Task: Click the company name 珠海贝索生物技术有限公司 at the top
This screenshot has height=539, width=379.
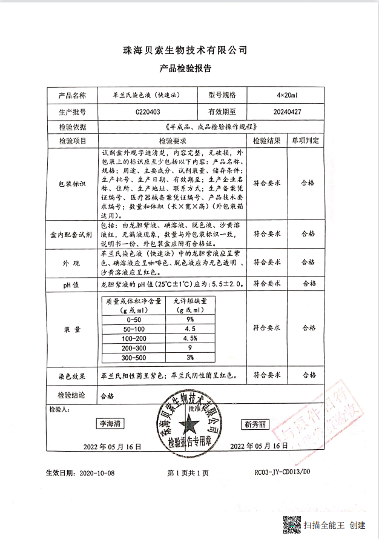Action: coord(185,50)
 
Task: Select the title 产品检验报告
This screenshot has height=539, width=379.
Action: coord(185,69)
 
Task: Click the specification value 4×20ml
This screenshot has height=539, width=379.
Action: coord(287,96)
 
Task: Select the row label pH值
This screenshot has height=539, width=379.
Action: coord(72,283)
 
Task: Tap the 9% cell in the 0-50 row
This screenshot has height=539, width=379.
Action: coord(189,319)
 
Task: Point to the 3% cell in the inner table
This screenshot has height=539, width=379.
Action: coord(189,358)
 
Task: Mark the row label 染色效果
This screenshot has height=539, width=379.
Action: coord(72,375)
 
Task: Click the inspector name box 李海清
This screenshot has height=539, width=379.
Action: coord(111,424)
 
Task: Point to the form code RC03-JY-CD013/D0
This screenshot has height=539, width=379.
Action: coord(282,472)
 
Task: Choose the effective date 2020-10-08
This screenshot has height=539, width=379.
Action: coord(96,472)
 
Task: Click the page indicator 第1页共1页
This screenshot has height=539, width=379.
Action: coord(188,472)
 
